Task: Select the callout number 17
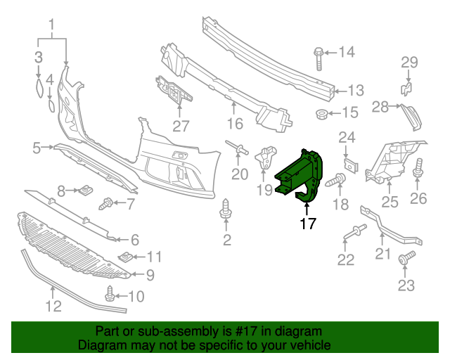[x=307, y=224]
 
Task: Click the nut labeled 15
[x=321, y=114]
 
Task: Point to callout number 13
[x=356, y=90]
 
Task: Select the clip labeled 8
[x=86, y=190]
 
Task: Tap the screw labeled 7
[x=108, y=204]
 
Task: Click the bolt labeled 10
[x=111, y=292]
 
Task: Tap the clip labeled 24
[x=347, y=165]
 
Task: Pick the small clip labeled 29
[x=406, y=87]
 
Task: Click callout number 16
[x=234, y=124]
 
